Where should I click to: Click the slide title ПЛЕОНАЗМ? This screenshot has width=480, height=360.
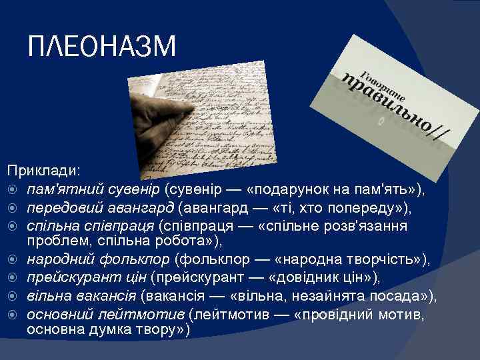pyautogui.click(x=102, y=47)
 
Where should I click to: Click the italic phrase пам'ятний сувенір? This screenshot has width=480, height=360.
pyautogui.click(x=93, y=191)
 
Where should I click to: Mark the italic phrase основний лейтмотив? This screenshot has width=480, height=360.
pyautogui.click(x=106, y=313)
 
